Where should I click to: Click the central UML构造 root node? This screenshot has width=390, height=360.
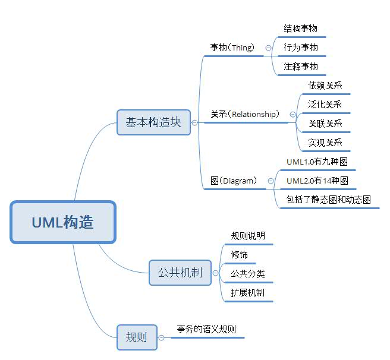[x=62, y=222]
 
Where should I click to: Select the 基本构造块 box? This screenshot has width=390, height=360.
[x=153, y=122]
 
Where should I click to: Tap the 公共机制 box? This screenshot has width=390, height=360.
[x=180, y=273]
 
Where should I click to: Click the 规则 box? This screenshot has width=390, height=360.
[x=137, y=337]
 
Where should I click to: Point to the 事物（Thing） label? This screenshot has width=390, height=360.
[x=232, y=48]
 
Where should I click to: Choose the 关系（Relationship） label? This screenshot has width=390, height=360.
[x=244, y=114]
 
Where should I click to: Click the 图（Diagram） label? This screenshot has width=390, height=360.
[x=234, y=181]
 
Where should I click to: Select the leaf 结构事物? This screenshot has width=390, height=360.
[x=301, y=29]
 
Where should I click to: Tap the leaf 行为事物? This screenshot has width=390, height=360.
[x=301, y=48]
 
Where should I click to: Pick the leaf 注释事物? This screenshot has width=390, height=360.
[x=301, y=67]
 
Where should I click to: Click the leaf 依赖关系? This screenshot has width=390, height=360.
[x=325, y=86]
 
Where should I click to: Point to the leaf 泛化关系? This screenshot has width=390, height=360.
[x=325, y=105]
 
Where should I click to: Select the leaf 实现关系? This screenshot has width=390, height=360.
[x=325, y=143]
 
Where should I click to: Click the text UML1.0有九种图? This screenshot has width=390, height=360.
[x=317, y=162]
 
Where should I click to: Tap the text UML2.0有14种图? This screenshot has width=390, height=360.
[x=317, y=181]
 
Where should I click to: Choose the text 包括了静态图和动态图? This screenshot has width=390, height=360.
[x=328, y=200]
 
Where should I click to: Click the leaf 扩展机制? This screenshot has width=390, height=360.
[x=248, y=293]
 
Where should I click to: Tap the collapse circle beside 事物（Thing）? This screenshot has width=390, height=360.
[x=268, y=48]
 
